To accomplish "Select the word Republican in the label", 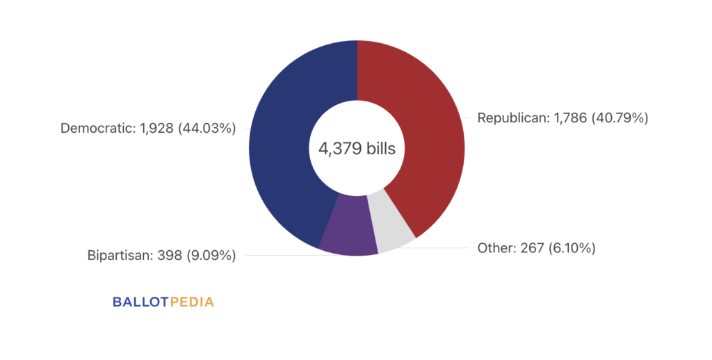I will coord(512,118).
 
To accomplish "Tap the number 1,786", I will coord(572,118).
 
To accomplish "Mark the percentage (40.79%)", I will coord(620,118).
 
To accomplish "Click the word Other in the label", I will coord(496,247).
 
